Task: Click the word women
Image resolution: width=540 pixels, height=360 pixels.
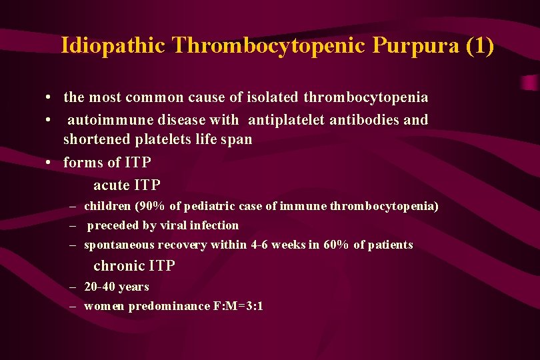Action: click(104, 306)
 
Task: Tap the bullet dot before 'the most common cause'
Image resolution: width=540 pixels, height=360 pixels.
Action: click(50, 98)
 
